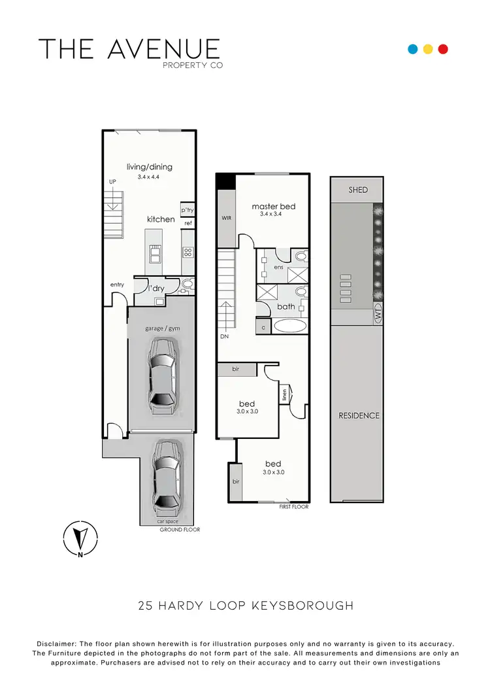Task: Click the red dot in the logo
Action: click(443, 49)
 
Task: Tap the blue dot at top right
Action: click(412, 49)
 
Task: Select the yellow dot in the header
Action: click(428, 49)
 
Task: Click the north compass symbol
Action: click(80, 539)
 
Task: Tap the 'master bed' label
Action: click(274, 207)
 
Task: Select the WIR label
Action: click(227, 218)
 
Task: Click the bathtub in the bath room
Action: click(287, 325)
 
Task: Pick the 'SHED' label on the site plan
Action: click(358, 190)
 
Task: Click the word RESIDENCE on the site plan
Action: click(359, 415)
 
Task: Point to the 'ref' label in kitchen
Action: click(188, 224)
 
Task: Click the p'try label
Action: click(188, 210)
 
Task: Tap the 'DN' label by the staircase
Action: click(224, 338)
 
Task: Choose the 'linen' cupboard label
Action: click(284, 394)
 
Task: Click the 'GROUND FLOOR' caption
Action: click(180, 530)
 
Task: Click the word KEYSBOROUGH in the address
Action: click(302, 606)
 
